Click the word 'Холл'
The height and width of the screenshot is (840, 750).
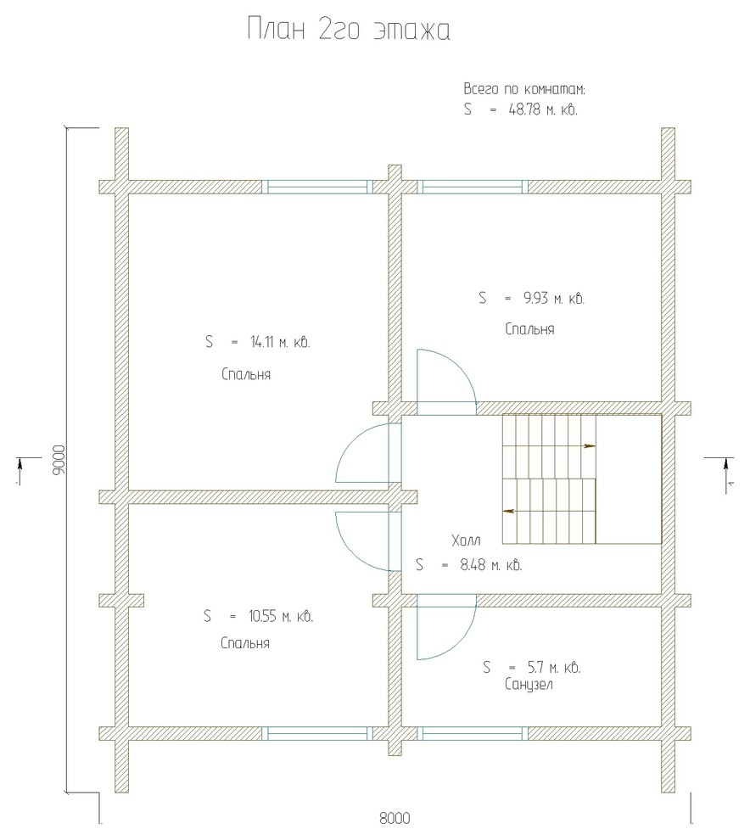(x=466, y=540)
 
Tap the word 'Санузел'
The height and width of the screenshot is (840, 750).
(x=529, y=685)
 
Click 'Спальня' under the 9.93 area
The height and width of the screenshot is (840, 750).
(x=529, y=329)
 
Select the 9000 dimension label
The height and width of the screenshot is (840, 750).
(x=59, y=460)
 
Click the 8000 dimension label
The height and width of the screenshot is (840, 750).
(x=395, y=818)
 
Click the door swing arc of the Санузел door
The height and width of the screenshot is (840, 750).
(x=463, y=641)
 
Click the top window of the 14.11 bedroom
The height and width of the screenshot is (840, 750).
(x=317, y=187)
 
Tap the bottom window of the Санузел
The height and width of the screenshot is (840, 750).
(x=473, y=733)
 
